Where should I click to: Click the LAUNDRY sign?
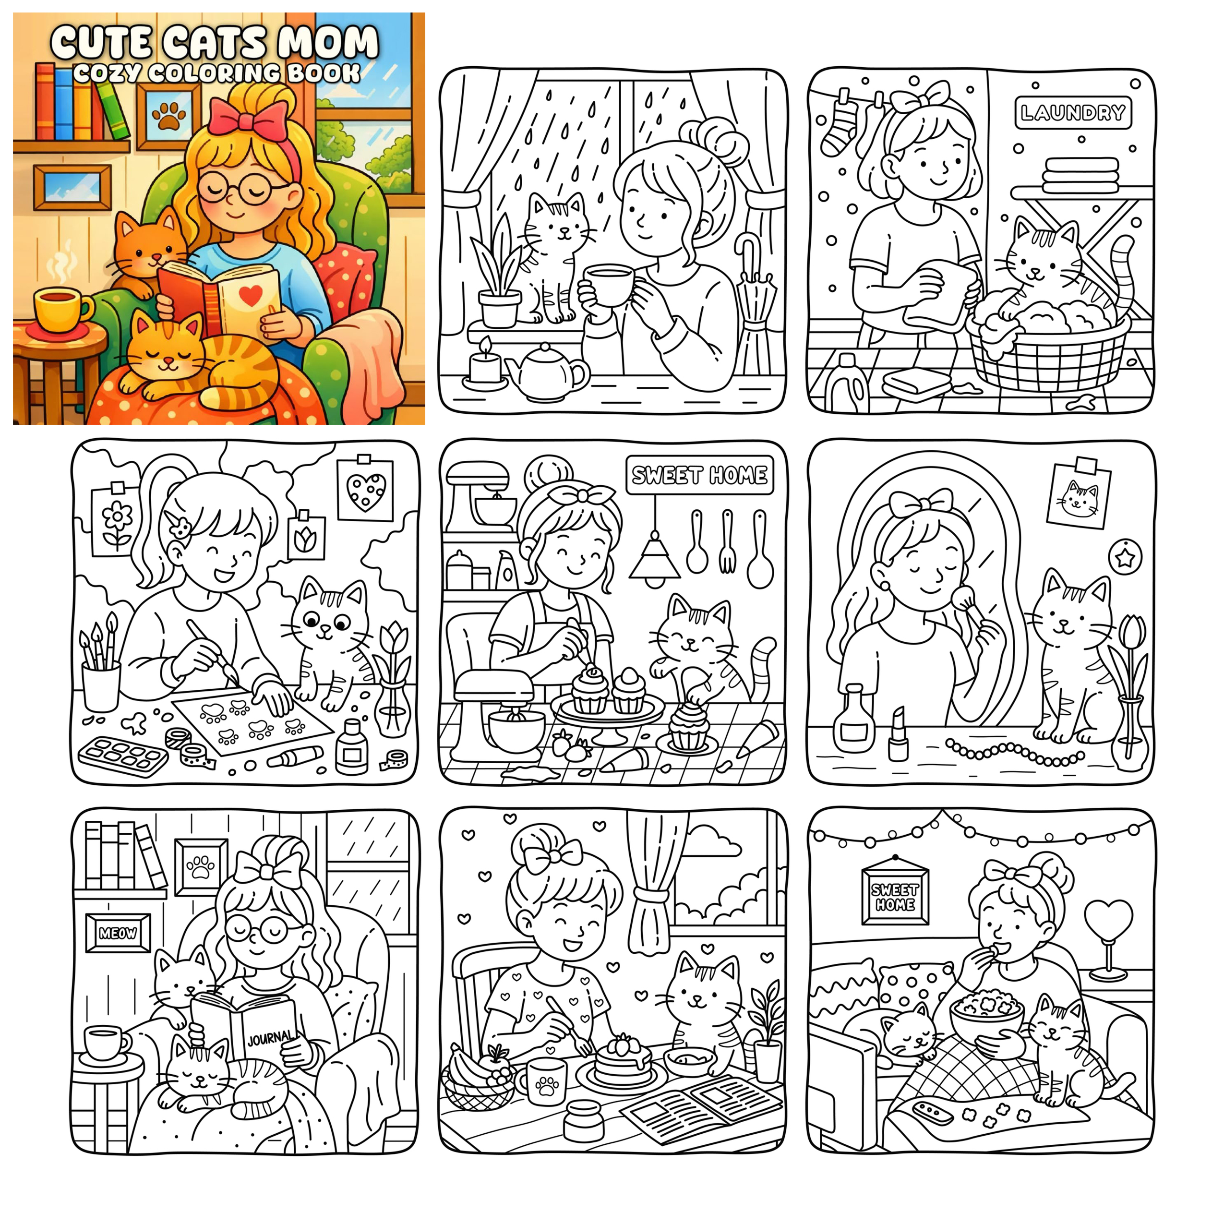(1073, 113)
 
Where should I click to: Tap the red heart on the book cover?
(251, 295)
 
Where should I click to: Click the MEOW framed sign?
(118, 933)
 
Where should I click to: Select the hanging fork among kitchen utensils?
(727, 541)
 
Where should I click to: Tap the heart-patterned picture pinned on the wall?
(365, 490)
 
